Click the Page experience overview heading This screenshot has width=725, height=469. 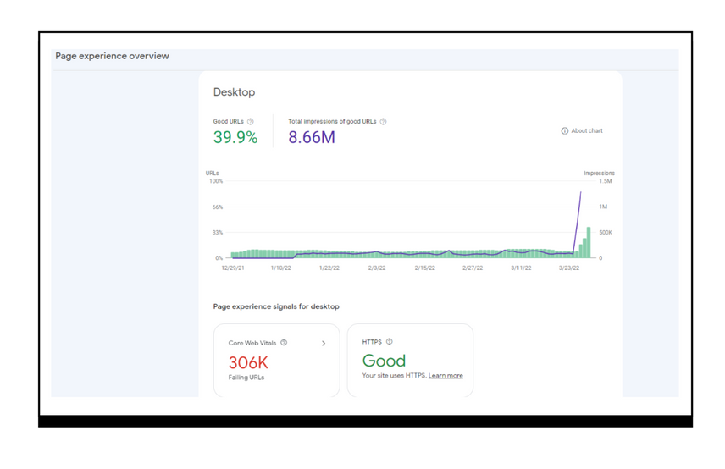click(112, 56)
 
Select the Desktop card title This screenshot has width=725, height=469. click(234, 92)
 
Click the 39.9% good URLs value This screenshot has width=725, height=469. click(235, 137)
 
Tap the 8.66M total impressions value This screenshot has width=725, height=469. click(312, 137)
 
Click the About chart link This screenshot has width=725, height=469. click(582, 131)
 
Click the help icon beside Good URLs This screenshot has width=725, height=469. click(250, 122)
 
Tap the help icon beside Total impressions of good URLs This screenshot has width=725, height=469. click(383, 122)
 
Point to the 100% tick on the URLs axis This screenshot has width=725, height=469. click(215, 181)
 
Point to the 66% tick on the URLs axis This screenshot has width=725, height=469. click(217, 207)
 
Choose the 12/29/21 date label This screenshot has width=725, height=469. click(233, 268)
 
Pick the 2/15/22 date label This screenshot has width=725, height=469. click(424, 268)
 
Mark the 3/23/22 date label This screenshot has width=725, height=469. click(568, 268)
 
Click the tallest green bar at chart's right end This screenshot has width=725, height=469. click(589, 242)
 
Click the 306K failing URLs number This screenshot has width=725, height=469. click(248, 362)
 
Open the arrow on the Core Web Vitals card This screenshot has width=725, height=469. click(324, 344)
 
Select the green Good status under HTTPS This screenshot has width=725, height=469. click(384, 361)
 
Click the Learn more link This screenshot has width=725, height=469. click(446, 376)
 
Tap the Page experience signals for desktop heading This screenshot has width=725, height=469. click(276, 306)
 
